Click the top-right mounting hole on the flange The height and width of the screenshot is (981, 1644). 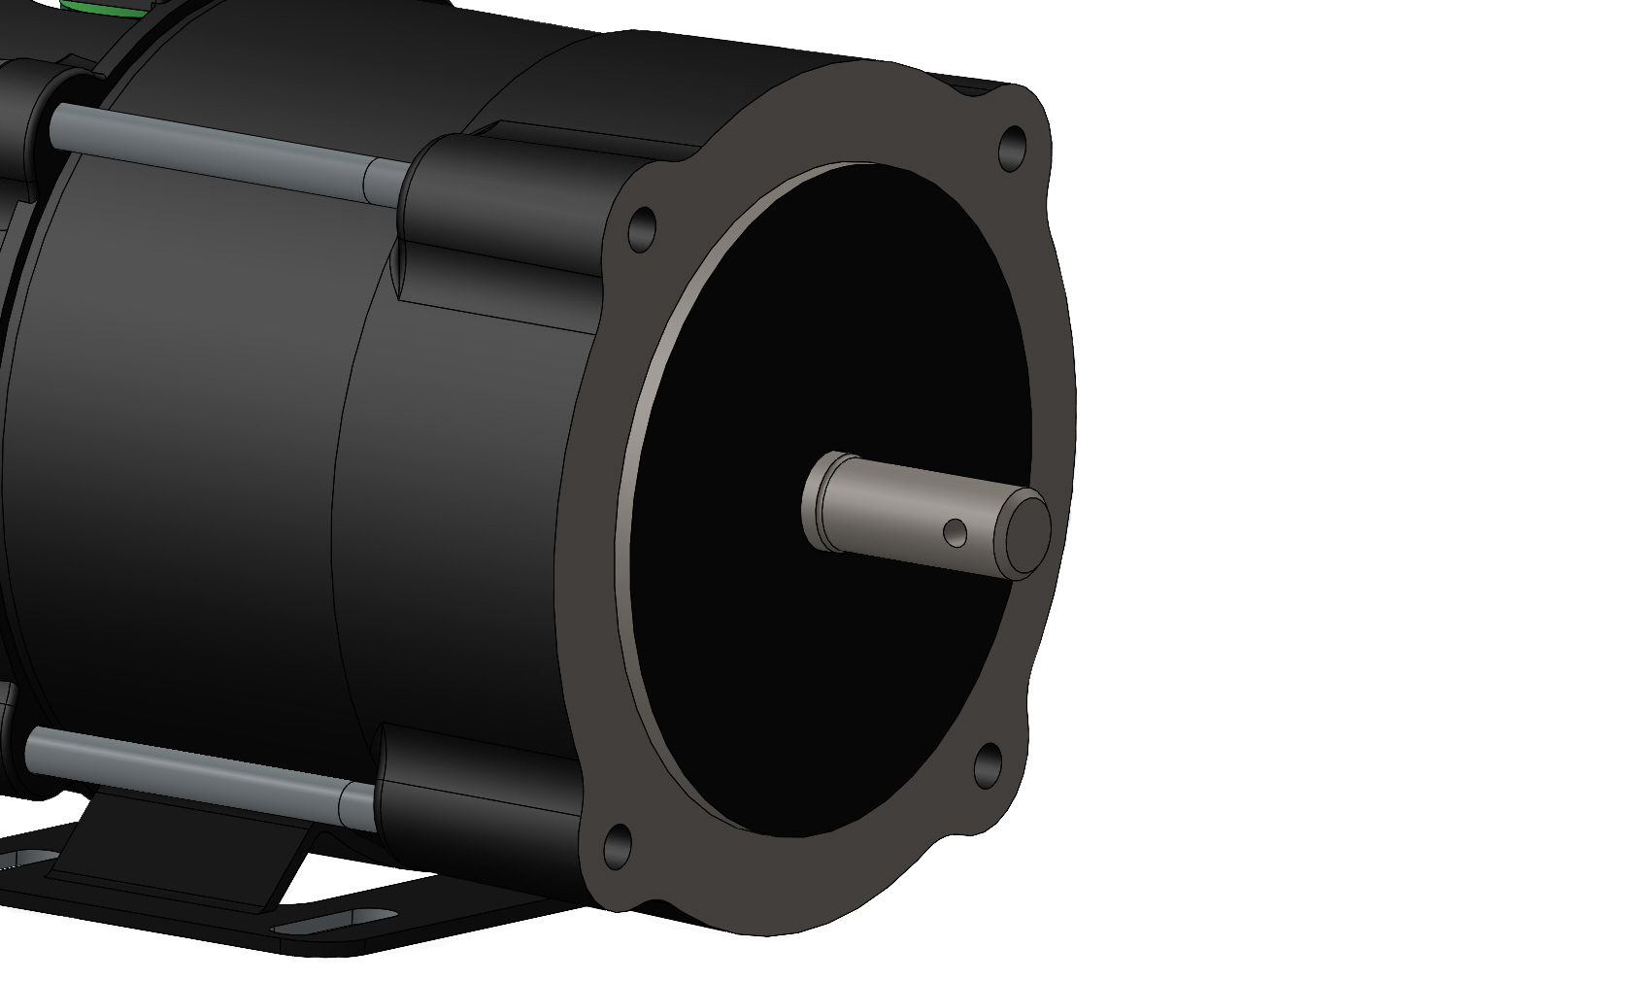(1012, 147)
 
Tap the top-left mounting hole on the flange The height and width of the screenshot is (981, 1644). (642, 229)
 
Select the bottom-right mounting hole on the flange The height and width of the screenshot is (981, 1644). (987, 765)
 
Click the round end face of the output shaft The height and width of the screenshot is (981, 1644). (1027, 528)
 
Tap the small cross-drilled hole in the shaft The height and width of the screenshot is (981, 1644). (956, 531)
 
